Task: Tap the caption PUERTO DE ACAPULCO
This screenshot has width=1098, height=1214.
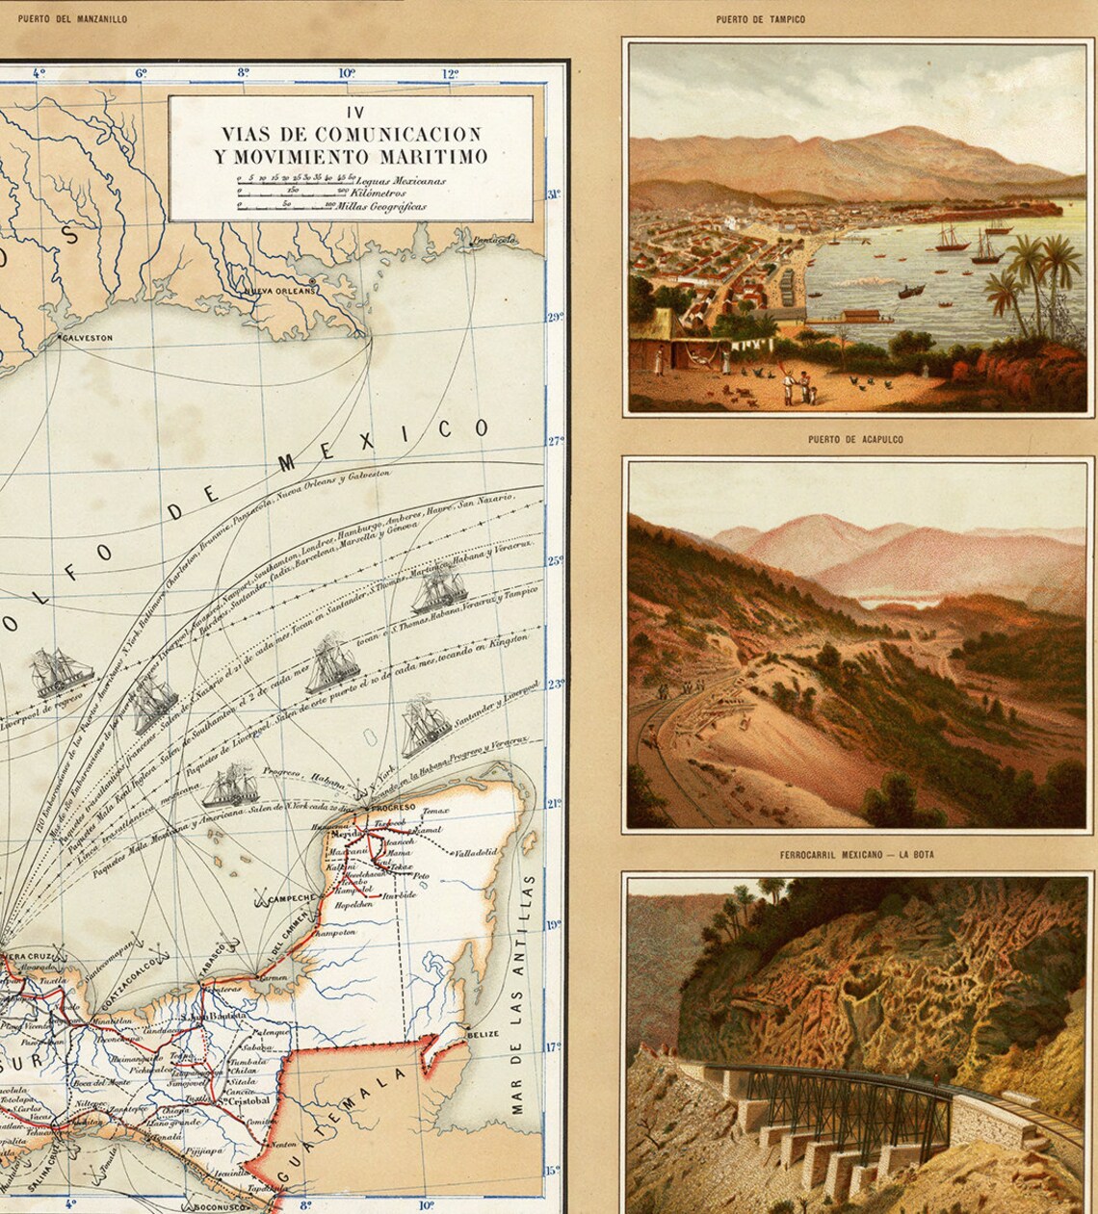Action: [x=855, y=440]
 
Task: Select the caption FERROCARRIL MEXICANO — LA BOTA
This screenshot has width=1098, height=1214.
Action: [x=856, y=855]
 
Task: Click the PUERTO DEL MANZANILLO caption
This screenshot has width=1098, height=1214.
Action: [x=72, y=19]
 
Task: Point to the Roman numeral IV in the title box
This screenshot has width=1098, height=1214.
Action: [x=352, y=113]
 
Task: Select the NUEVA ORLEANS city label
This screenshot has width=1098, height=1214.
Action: [x=280, y=290]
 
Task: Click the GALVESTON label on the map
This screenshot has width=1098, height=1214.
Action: [x=86, y=339]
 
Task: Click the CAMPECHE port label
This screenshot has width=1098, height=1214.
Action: [x=290, y=899]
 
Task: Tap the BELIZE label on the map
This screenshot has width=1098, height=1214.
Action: [x=483, y=1034]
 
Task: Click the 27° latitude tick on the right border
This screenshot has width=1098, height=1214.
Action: [x=555, y=442]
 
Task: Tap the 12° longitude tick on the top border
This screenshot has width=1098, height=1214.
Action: [x=450, y=73]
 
